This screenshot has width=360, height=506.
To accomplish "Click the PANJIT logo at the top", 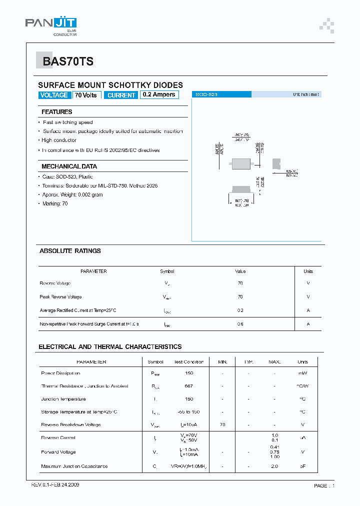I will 51,23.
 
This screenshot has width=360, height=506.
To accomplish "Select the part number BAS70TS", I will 68,61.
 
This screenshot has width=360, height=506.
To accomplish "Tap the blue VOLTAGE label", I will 54,95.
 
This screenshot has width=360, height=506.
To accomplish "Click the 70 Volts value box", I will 86,95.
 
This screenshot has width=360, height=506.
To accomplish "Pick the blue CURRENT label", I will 121,95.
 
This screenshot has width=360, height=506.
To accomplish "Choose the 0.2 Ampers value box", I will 159,94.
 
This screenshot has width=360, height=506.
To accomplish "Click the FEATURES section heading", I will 56,112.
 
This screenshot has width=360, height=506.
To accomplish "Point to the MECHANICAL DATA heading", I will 69,166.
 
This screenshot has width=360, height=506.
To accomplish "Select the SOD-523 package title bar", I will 221,94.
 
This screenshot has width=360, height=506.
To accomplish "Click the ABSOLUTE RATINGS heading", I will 70,251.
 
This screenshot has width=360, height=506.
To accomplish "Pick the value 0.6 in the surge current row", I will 240,324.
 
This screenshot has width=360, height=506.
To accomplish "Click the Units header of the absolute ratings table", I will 308,271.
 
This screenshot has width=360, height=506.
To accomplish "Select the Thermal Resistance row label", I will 84,386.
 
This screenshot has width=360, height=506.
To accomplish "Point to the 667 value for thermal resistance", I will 189,386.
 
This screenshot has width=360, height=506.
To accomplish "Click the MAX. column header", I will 274,361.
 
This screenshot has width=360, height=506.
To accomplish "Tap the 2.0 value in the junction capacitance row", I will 274,466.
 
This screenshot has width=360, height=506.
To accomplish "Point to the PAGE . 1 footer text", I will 324,485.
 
